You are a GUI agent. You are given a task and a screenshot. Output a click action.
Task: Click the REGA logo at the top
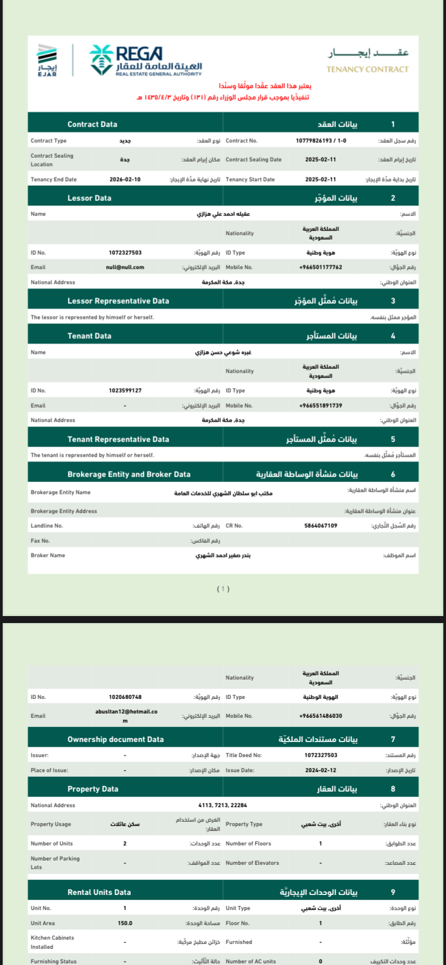point(145,60)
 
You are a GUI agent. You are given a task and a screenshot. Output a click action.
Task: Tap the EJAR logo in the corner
point(47,60)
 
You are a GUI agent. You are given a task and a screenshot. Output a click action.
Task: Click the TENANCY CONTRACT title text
point(367,69)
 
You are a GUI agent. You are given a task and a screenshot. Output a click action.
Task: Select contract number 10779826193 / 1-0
point(321,141)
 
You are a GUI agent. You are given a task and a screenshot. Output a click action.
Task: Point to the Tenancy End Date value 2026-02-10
point(125,180)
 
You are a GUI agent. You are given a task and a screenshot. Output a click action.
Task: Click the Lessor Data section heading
point(89,198)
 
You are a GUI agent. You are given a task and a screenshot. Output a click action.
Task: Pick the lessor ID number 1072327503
point(125,253)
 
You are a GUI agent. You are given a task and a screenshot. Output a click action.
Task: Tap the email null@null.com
point(125,267)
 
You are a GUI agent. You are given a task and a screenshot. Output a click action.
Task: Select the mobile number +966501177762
point(320,267)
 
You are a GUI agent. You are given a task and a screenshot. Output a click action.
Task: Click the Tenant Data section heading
point(89,336)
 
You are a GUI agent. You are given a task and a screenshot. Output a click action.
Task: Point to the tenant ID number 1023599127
point(125,390)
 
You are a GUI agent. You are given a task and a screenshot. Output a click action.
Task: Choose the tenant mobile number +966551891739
point(320,405)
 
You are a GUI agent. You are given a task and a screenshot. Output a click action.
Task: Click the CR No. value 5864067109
point(320,526)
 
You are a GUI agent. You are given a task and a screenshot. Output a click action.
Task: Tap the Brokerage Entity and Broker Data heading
point(129,474)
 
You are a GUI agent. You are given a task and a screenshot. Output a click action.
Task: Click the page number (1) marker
point(223,589)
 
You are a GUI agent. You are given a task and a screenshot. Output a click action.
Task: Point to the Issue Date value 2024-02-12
point(320,770)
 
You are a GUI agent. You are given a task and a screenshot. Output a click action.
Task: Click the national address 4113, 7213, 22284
point(222,805)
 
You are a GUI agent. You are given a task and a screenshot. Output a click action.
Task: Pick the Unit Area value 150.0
point(125,923)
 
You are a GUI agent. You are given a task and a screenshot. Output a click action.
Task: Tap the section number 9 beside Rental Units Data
point(393,892)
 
